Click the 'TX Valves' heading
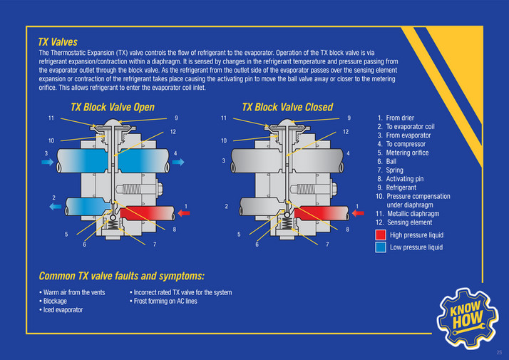58,42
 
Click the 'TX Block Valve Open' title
113,107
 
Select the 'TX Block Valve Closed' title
287,107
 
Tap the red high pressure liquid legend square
381,235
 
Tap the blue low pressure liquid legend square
381,247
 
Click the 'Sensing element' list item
408,222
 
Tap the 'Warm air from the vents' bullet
74,292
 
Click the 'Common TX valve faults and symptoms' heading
122,276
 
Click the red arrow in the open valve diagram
183,212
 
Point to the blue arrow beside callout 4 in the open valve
178,163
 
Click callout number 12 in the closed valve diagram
345,132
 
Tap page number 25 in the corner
499,351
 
